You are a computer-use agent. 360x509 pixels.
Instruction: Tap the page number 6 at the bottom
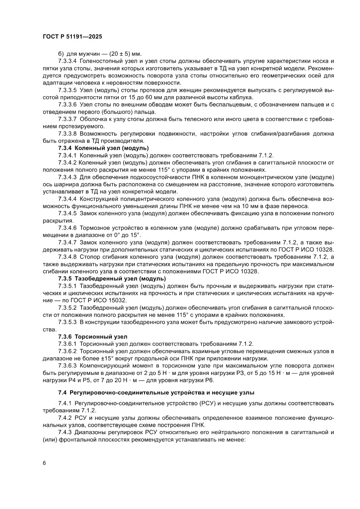pos(44,462)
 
